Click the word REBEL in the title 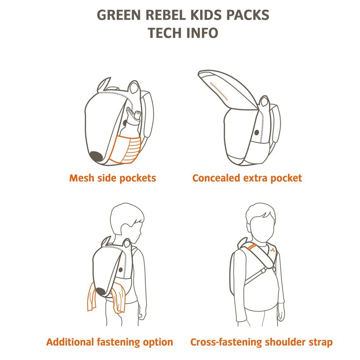click(166, 15)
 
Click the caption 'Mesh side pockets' click(112, 178)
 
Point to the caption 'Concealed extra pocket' click(247, 178)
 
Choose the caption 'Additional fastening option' click(109, 342)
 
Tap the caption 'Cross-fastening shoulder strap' click(261, 342)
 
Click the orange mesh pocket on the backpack click(124, 149)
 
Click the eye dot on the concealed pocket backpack click(257, 132)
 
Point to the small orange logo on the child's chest click(273, 251)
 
